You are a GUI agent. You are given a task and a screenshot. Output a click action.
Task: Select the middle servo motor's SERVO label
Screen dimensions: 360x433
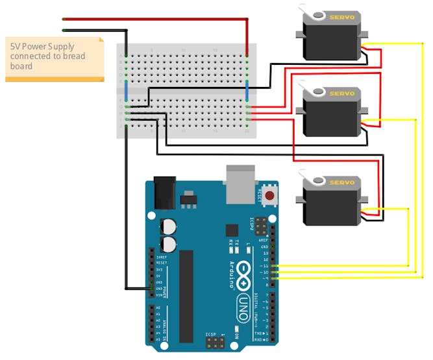coord(342,93)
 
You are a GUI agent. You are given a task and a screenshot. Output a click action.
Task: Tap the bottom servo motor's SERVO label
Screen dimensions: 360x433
coord(342,182)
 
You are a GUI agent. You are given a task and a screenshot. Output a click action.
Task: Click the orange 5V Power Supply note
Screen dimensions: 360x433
coord(54,58)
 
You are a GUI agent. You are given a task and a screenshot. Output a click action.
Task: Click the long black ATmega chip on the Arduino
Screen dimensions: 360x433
coord(186,296)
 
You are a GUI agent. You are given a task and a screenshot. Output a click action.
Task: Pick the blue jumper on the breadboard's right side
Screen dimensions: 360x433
coord(247,91)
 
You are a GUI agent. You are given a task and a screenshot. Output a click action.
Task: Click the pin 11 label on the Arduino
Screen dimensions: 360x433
coord(265,265)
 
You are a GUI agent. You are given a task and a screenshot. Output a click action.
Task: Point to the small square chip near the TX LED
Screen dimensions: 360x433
coord(232,230)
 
